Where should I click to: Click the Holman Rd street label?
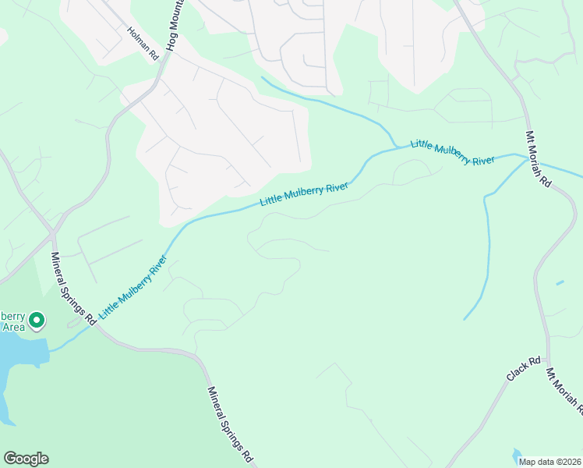click(143, 44)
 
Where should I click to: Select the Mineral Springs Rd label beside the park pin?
click(73, 288)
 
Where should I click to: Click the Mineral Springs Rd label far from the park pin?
click(231, 423)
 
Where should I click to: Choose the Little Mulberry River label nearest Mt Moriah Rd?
click(453, 152)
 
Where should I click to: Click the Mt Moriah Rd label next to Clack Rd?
click(565, 390)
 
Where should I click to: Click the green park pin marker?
click(37, 320)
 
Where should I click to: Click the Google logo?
click(26, 459)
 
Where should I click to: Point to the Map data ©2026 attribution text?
click(550, 461)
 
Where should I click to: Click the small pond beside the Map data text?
click(518, 454)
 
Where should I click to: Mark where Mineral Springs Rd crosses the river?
click(93, 322)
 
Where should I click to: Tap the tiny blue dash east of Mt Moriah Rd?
click(560, 282)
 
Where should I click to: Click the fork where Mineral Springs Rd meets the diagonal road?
click(51, 233)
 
